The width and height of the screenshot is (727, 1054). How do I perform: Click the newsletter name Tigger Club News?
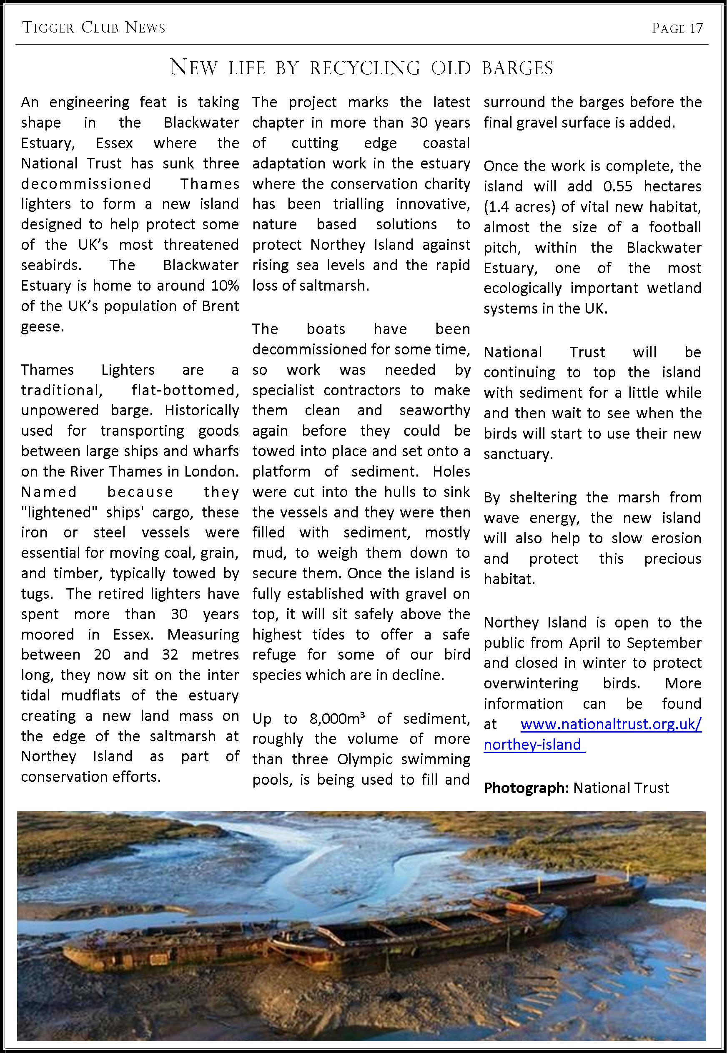click(93, 28)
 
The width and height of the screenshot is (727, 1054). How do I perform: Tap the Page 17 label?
click(677, 28)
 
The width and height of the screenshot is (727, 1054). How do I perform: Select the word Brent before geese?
click(221, 306)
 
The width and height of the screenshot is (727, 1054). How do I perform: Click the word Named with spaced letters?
click(49, 492)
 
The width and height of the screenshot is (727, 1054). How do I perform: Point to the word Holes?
click(451, 471)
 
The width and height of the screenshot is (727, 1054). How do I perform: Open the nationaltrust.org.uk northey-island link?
click(610, 724)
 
